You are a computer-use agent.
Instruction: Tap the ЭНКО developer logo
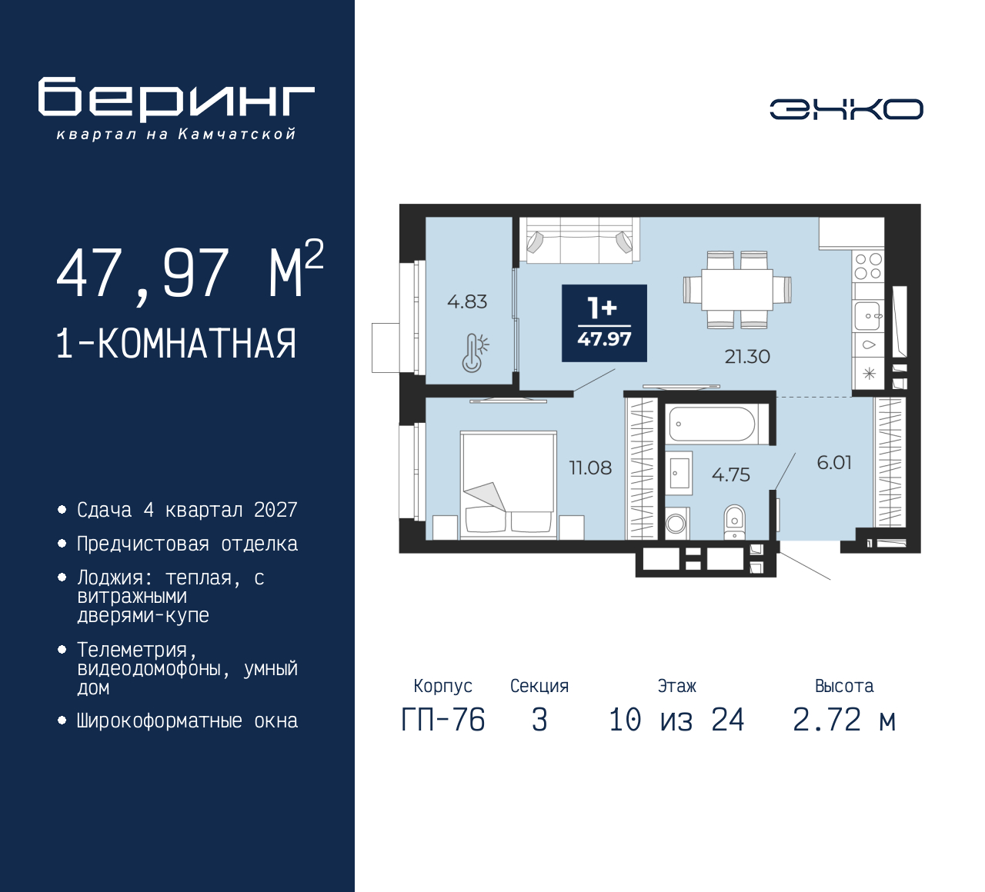click(846, 109)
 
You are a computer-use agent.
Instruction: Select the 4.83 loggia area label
click(467, 301)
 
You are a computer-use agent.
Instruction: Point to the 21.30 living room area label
click(746, 357)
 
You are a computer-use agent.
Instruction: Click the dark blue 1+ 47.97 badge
click(604, 323)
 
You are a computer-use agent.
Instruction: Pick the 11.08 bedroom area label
click(590, 468)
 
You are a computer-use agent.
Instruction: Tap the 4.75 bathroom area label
click(730, 474)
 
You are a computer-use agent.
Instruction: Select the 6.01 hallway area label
click(834, 462)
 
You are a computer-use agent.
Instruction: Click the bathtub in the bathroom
click(712, 424)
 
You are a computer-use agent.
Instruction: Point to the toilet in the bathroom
click(735, 521)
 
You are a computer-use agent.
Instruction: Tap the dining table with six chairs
click(736, 290)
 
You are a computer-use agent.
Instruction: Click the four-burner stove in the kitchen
click(868, 266)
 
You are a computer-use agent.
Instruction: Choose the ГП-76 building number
click(443, 721)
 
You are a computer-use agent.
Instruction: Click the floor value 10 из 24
click(676, 721)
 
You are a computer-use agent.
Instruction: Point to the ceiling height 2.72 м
click(844, 721)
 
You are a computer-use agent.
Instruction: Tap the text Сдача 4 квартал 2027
click(187, 510)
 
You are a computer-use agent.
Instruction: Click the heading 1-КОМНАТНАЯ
click(176, 344)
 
